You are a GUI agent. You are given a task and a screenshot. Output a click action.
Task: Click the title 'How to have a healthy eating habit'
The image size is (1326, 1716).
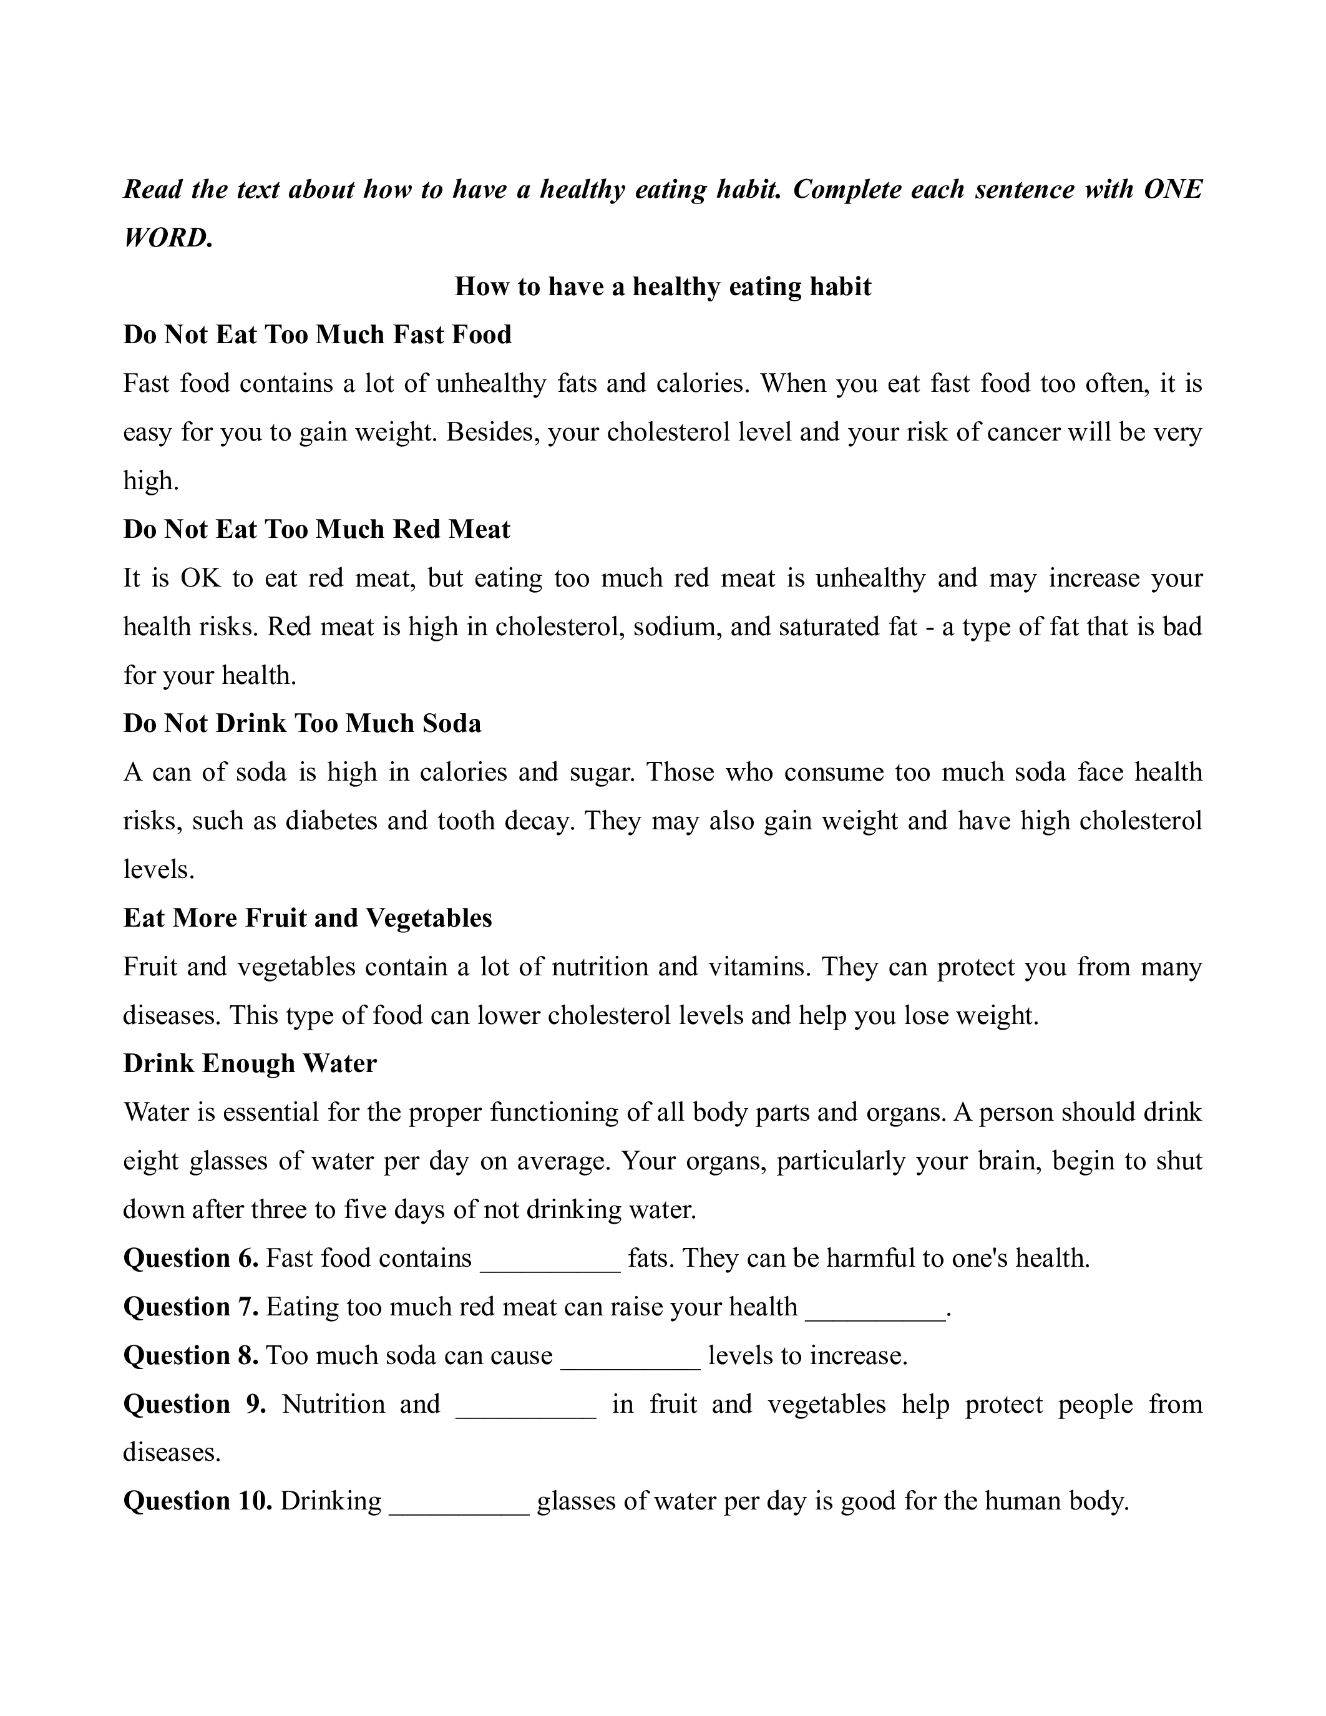pos(662,287)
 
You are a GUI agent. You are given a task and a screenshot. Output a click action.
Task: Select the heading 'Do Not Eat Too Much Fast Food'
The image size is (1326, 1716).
pos(318,334)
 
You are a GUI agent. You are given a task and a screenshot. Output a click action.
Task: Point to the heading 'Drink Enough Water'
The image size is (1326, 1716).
pos(250,1063)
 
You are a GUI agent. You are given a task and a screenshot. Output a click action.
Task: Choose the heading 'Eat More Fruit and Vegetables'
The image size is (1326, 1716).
pos(308,918)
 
